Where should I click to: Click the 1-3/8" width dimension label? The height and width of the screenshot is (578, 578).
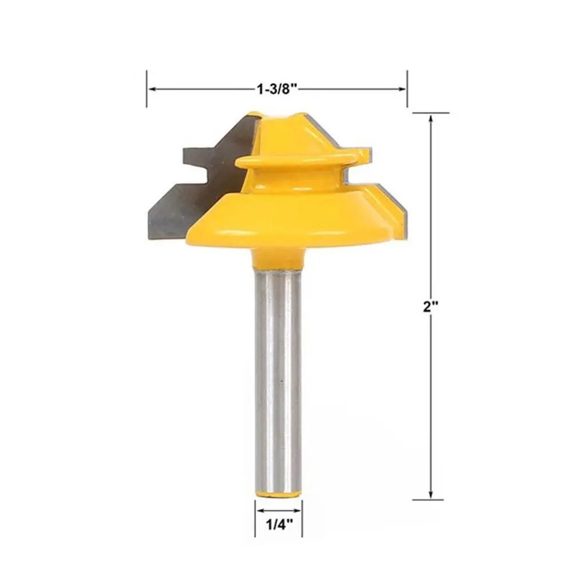click(x=277, y=89)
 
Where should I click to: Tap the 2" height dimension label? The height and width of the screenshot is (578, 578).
click(x=430, y=306)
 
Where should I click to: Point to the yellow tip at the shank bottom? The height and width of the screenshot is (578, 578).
click(x=278, y=492)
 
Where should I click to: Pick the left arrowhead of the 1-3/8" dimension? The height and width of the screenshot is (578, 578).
click(x=152, y=89)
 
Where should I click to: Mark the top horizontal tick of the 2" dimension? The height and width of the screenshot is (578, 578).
click(x=431, y=113)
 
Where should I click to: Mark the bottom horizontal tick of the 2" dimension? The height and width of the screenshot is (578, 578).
click(x=431, y=500)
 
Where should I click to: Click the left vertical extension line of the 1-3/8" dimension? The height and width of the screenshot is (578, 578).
click(x=147, y=89)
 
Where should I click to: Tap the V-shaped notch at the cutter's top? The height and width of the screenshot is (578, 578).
click(x=279, y=117)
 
